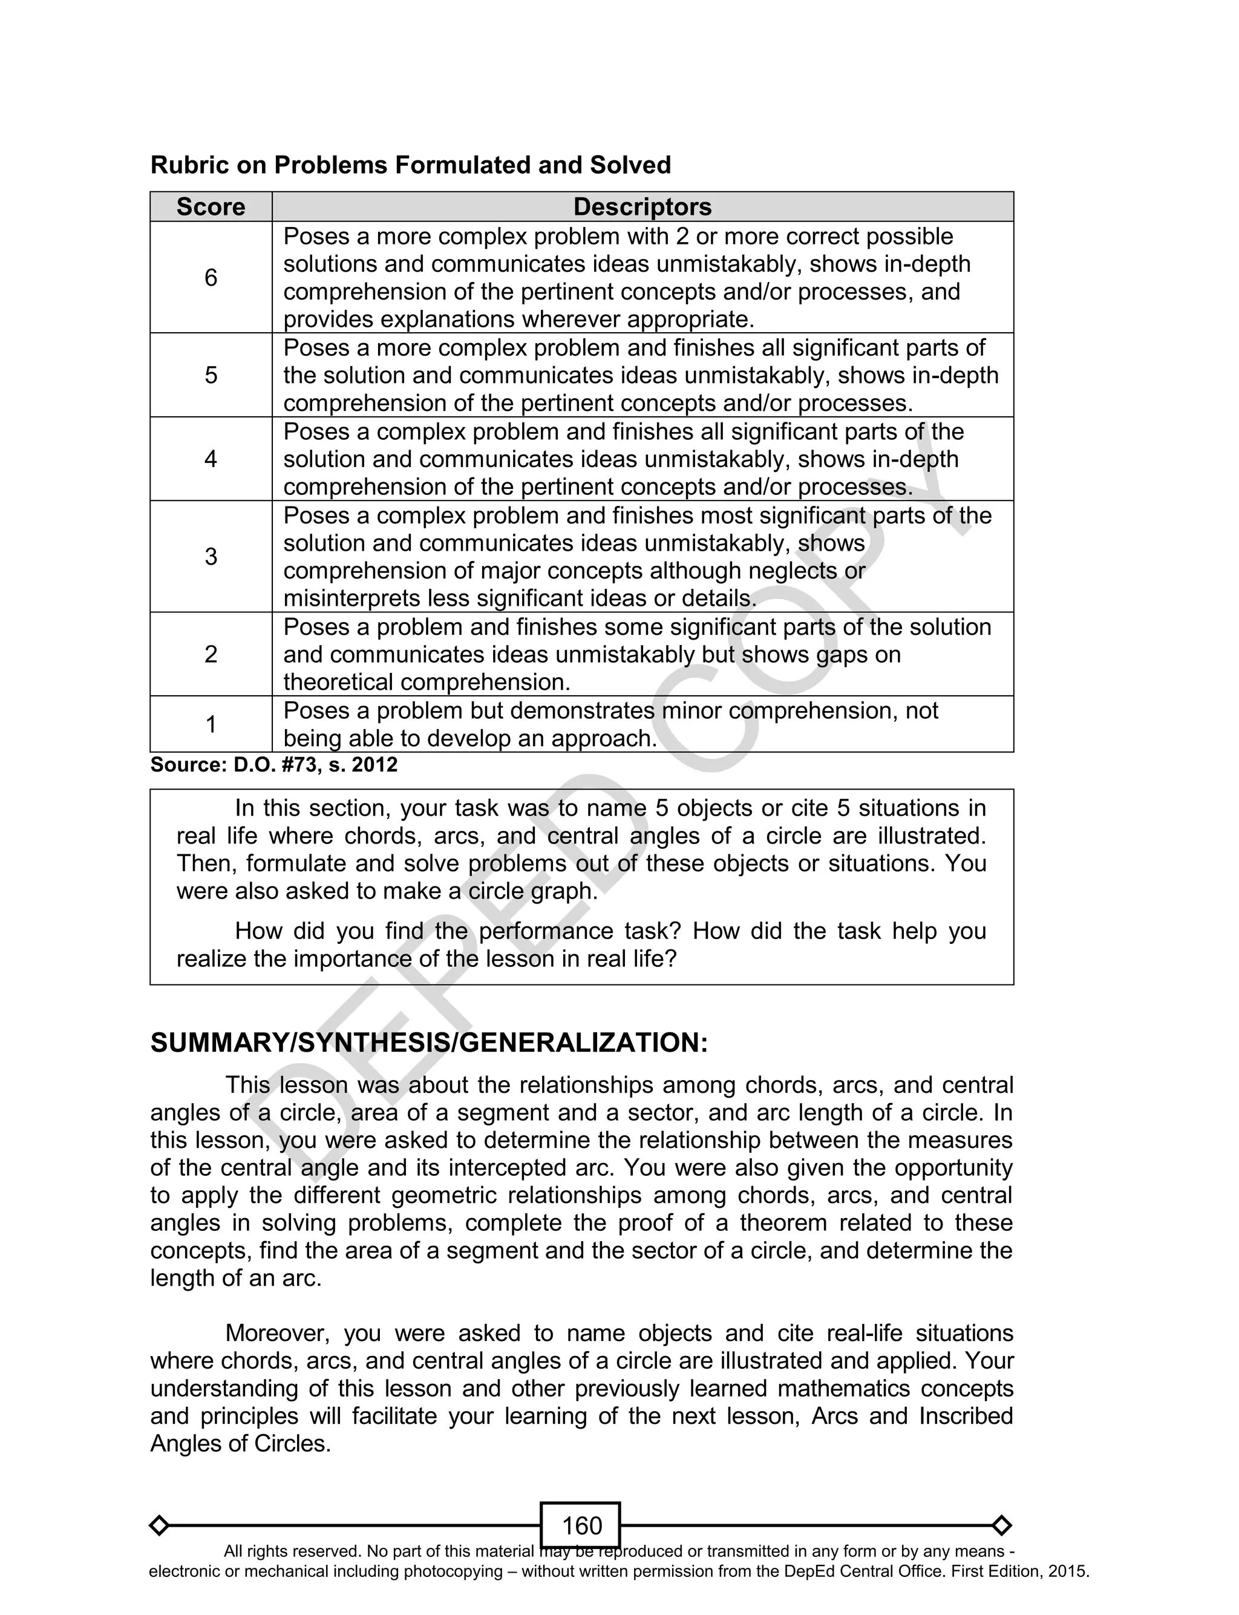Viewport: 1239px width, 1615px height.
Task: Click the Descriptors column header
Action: click(642, 206)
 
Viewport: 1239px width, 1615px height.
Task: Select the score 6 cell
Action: click(211, 277)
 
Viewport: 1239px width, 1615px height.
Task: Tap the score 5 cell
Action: click(211, 375)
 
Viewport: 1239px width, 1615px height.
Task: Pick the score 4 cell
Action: click(211, 459)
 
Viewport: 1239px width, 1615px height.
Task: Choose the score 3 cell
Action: click(211, 556)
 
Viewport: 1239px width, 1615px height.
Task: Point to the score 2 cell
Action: click(211, 654)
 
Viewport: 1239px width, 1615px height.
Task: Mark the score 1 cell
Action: click(211, 724)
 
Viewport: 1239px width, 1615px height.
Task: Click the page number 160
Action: click(581, 1525)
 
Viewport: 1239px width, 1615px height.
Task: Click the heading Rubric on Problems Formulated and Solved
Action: click(410, 165)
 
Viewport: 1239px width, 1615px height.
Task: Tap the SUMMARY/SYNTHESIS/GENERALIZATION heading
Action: click(428, 1043)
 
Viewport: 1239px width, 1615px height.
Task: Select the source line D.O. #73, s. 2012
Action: click(273, 765)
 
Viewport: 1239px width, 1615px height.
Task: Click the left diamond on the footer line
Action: click(159, 1525)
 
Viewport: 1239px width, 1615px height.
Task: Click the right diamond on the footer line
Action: click(1001, 1525)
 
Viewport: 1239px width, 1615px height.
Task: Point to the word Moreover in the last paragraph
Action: click(273, 1333)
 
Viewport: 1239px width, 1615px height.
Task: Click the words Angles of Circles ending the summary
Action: click(240, 1444)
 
